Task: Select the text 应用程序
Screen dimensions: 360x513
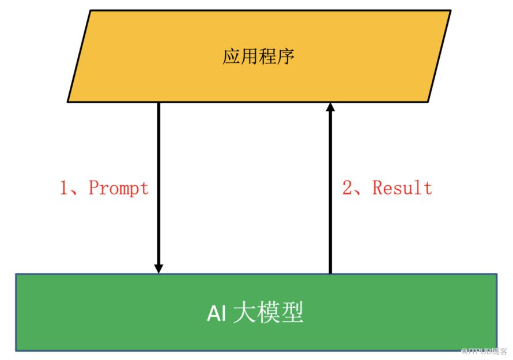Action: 259,57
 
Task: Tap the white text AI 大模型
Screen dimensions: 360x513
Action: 255,313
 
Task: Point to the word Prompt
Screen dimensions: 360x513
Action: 118,187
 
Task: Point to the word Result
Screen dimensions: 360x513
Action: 402,187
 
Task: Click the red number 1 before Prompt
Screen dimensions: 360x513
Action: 65,187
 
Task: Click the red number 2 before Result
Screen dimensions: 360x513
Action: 348,187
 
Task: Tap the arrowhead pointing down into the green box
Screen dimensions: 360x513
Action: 159,268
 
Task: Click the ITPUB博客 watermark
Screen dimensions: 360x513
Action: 486,351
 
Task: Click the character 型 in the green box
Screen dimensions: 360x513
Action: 293,313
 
